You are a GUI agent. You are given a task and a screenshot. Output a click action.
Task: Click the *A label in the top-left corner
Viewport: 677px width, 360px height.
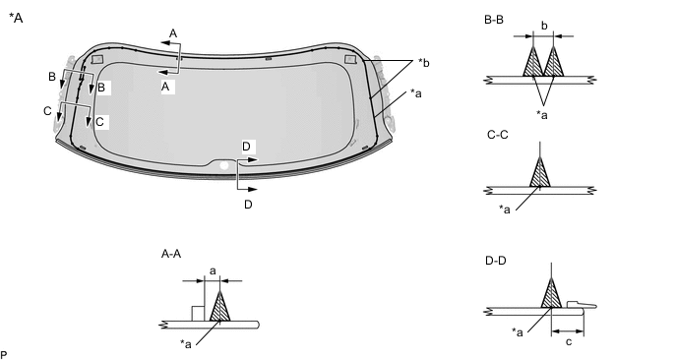click(x=16, y=18)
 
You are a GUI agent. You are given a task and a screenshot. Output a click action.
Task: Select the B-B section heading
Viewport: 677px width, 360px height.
click(x=494, y=20)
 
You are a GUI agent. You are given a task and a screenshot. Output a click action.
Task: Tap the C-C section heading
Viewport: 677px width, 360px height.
click(x=497, y=135)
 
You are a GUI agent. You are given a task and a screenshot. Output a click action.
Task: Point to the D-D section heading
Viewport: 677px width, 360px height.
click(x=496, y=261)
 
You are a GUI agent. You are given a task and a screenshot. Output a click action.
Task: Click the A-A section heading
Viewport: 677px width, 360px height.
click(x=171, y=254)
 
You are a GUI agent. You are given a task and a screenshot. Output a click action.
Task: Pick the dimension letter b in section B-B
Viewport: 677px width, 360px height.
click(x=544, y=26)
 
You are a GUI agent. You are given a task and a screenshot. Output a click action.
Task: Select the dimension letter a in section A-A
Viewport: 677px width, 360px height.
click(x=213, y=271)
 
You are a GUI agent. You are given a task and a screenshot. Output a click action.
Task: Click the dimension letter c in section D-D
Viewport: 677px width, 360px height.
click(x=569, y=342)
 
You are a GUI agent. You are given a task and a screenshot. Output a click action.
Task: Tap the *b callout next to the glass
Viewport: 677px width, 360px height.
click(x=423, y=63)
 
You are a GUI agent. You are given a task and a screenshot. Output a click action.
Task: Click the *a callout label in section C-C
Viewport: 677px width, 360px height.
click(x=504, y=210)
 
